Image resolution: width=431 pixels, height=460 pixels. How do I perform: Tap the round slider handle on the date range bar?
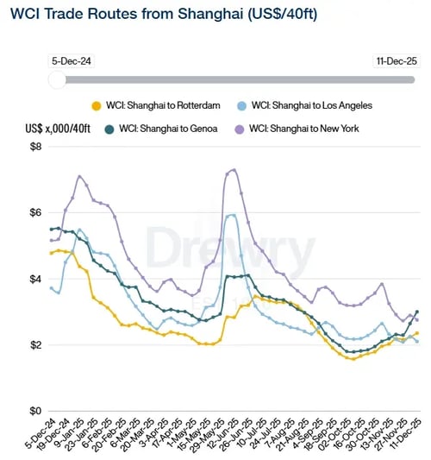click(x=57, y=79)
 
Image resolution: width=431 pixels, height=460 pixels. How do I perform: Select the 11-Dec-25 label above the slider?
click(x=397, y=61)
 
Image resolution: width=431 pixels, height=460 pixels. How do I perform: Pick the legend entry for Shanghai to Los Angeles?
click(x=319, y=105)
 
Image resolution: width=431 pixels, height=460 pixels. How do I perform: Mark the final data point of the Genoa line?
click(x=417, y=312)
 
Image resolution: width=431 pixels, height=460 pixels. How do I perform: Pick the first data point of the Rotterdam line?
click(x=52, y=253)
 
